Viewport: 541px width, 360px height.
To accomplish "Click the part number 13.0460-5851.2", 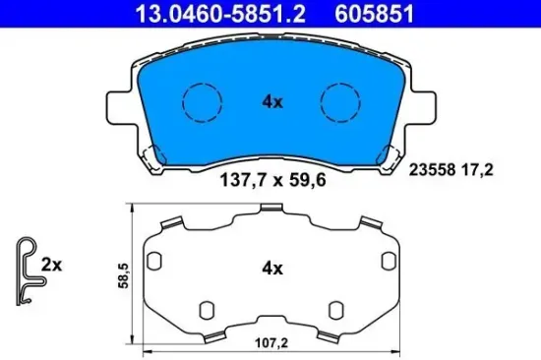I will [x=185, y=13].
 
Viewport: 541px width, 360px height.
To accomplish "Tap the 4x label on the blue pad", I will [x=272, y=100].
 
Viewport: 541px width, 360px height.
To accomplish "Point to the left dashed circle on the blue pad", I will [x=203, y=101].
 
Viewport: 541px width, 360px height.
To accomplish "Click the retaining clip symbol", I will [x=26, y=267].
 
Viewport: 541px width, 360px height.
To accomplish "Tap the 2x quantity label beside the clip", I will [x=52, y=265].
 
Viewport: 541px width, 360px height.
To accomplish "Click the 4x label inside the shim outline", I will [x=272, y=268].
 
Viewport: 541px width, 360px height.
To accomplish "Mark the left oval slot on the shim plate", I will [x=155, y=260].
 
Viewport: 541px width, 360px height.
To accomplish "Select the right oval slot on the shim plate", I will [x=388, y=260].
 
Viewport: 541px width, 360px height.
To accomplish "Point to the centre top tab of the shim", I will [x=271, y=210].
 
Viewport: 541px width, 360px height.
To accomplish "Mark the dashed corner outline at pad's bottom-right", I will [x=392, y=154].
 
